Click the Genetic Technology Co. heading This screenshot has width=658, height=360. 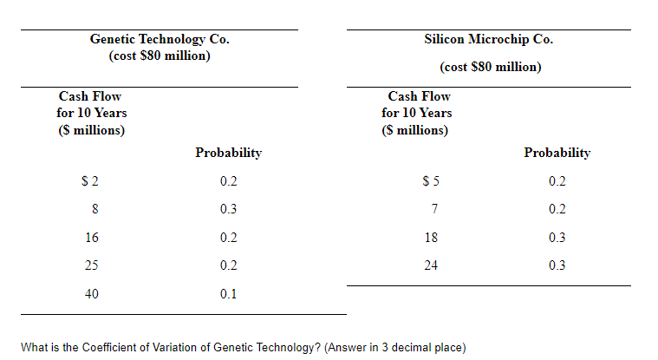(x=160, y=39)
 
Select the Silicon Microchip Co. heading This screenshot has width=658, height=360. (x=489, y=39)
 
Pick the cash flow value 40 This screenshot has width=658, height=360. (x=91, y=294)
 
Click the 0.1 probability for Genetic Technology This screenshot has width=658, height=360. (x=228, y=294)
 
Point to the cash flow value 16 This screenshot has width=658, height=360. (x=91, y=238)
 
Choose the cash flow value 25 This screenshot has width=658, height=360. (x=91, y=265)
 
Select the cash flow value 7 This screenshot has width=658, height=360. (x=431, y=209)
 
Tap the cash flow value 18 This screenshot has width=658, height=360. (x=430, y=238)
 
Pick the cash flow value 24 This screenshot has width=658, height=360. (x=430, y=265)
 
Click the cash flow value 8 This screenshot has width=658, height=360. (x=93, y=209)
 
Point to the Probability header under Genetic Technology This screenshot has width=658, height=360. (x=228, y=153)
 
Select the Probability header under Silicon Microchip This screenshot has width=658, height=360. (x=557, y=153)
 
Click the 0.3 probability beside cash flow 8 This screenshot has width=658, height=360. (x=228, y=209)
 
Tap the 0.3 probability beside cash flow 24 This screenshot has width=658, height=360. (x=557, y=265)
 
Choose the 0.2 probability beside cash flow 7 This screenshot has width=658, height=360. (x=557, y=209)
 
